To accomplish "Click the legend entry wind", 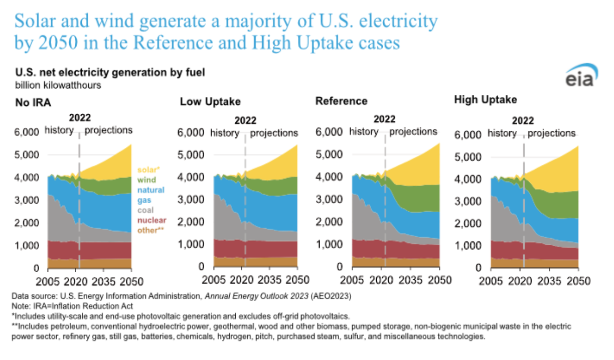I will (x=147, y=179).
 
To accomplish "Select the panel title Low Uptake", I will (x=210, y=102).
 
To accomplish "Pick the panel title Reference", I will (x=341, y=101).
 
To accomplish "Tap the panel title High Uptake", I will (x=485, y=100).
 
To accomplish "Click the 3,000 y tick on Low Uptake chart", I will (x=191, y=200).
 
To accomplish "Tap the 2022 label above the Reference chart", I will (x=385, y=119).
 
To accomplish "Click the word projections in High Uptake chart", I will (x=551, y=133).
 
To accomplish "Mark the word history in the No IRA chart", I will (x=59, y=130).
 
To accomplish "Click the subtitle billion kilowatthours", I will (x=58, y=85).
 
